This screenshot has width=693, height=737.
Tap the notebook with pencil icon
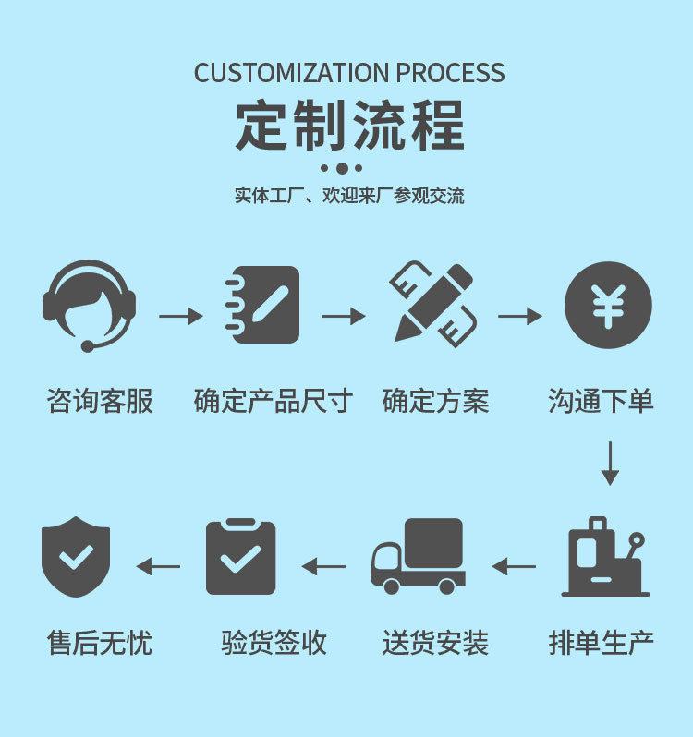pos(262,305)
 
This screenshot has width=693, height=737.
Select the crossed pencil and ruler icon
pos(432,305)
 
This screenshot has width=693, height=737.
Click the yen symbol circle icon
pos(608,305)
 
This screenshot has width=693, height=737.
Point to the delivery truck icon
pos(418,556)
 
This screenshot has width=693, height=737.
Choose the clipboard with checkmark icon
pos(240,557)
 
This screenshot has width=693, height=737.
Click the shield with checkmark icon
pos(76,557)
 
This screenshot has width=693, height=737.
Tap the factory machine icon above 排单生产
pos(605,557)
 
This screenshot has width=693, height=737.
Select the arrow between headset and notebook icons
pos(180,317)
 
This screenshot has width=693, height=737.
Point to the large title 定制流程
pos(349,126)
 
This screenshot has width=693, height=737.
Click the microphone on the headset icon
pos(88,346)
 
